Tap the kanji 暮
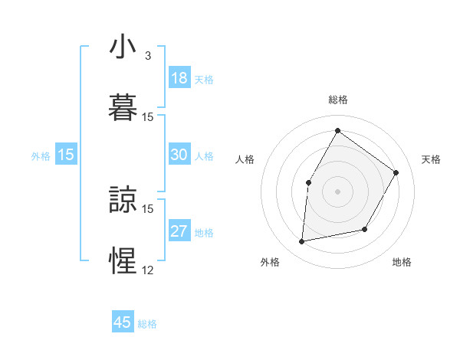123,106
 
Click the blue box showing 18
179,78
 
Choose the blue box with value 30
179,155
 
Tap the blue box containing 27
179,231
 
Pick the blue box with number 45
123,322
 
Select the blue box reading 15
66,155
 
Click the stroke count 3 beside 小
147,57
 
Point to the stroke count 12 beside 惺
147,269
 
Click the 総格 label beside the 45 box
147,324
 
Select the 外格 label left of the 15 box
41,156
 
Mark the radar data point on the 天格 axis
396,172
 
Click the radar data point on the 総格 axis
337,131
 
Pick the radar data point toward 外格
302,241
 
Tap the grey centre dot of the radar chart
337,191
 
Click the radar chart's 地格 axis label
402,262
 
